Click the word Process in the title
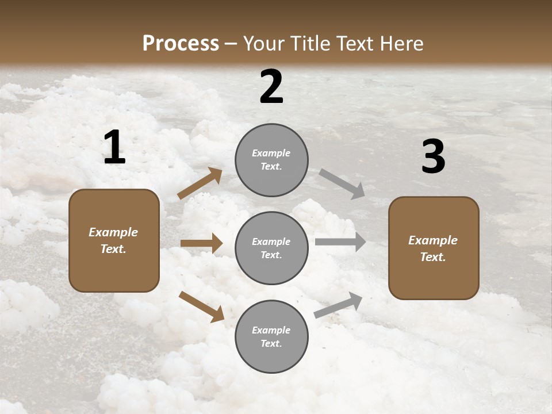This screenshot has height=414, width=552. click(181, 43)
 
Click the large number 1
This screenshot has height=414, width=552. click(114, 148)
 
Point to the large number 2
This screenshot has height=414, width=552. click(271, 87)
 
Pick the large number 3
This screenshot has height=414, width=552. click(433, 157)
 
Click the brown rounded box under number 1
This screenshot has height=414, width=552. click(114, 240)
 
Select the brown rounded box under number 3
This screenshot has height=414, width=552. click(434, 248)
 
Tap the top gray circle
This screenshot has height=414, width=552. click(271, 160)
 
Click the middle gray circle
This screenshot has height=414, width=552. click(271, 248)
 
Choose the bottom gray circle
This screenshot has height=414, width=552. click(271, 336)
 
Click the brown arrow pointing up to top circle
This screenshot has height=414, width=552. click(200, 183)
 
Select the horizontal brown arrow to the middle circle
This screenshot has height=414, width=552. click(201, 243)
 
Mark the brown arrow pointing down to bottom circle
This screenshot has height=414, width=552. click(201, 306)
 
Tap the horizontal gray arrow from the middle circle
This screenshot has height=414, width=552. click(340, 242)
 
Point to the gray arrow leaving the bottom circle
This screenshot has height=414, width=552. click(339, 305)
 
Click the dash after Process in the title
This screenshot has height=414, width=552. click(231, 44)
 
